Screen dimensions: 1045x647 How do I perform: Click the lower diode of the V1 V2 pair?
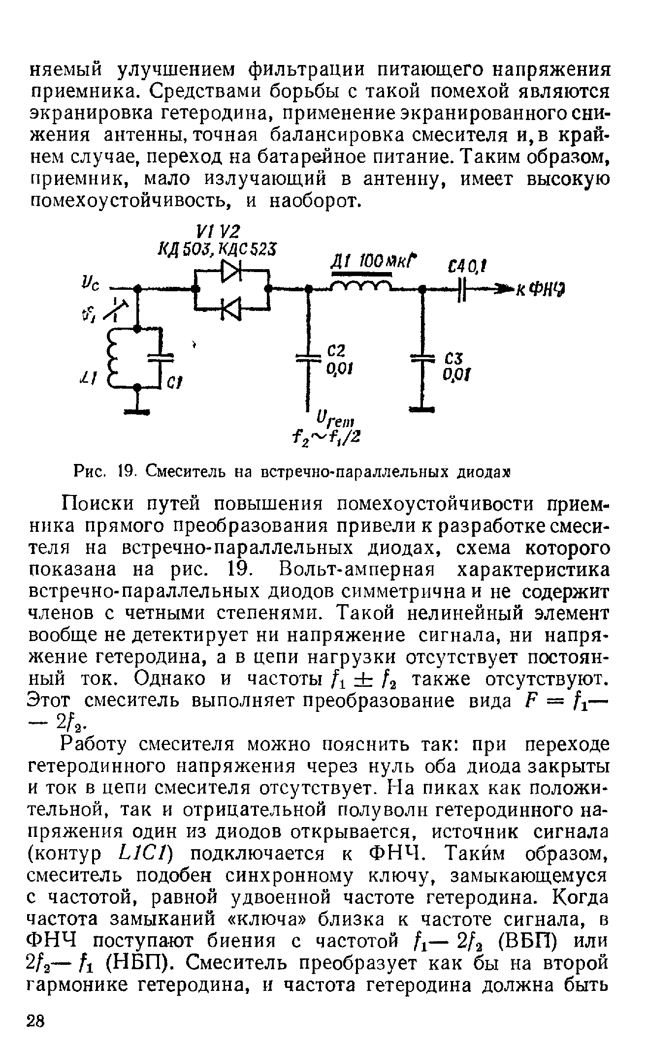231,308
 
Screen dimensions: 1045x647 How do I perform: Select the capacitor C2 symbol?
307,358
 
